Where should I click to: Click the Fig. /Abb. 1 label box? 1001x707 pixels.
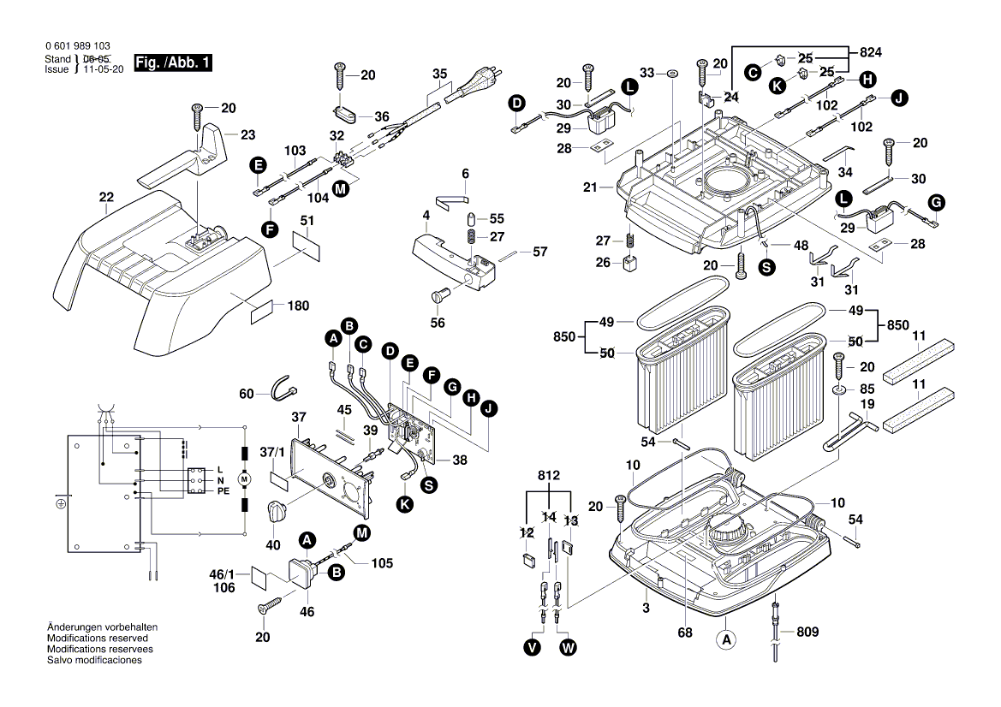170,63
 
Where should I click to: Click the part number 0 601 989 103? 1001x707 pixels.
77,46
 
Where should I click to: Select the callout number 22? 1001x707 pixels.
106,197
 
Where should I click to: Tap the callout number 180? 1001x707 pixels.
298,306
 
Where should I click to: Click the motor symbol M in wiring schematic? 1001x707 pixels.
243,479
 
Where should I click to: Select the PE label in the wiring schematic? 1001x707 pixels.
223,492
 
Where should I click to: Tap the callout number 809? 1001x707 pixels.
807,632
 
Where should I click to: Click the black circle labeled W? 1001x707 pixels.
568,649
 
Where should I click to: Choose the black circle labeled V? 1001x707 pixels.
533,649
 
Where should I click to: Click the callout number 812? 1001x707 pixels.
549,475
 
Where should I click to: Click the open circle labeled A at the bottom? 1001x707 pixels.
726,639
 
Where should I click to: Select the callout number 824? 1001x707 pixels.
869,53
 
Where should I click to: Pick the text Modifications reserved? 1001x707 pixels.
97,639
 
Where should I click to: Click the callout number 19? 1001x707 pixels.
867,404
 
